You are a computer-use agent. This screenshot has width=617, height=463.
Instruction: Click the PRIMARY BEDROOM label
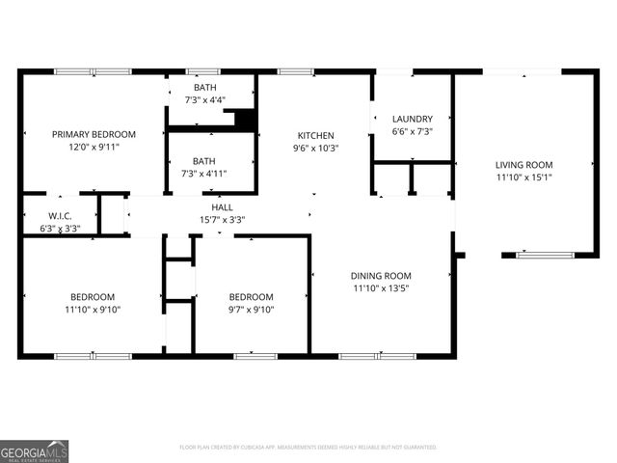(94, 134)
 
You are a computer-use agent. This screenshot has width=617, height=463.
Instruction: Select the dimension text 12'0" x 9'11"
(94, 148)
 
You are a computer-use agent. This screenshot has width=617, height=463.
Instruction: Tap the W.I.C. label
(60, 216)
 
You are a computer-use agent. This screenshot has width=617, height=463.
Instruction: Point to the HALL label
(222, 206)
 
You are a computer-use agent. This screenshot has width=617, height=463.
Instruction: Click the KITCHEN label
(315, 136)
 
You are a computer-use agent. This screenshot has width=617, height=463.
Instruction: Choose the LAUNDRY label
(412, 119)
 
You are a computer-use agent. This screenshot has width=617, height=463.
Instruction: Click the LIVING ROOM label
(523, 165)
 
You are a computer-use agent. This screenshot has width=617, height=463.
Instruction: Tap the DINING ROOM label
(380, 275)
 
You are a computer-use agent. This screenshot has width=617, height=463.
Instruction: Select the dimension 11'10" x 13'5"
(380, 288)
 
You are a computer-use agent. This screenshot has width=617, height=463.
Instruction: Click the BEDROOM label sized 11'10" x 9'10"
(93, 296)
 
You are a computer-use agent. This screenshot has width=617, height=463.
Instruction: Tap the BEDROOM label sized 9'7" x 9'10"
(251, 296)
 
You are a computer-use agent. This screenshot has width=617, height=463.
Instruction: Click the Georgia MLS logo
(34, 451)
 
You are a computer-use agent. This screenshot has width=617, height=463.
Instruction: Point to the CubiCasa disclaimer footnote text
(308, 448)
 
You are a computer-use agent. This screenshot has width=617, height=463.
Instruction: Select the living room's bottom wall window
(545, 256)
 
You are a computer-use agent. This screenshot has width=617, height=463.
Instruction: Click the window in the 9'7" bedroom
(255, 356)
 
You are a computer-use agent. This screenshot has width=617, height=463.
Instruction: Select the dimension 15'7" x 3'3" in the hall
(222, 219)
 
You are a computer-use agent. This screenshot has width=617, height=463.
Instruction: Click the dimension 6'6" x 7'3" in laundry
(412, 131)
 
